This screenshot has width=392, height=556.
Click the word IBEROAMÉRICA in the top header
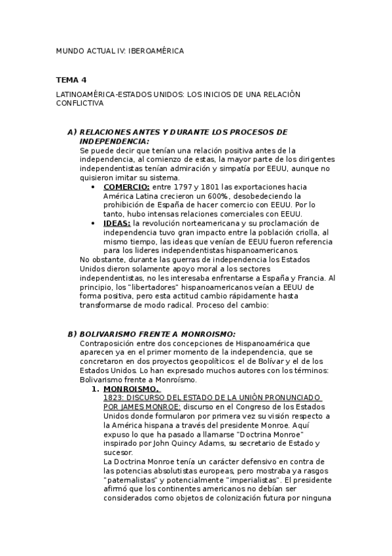[156, 50]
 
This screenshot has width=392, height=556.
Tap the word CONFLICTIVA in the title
[80, 104]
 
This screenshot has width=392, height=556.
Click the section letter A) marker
[72, 132]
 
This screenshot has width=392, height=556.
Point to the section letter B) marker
[72, 334]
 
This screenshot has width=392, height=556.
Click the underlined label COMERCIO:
[126, 187]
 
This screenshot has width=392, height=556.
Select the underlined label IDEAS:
[117, 224]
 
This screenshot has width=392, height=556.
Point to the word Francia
[313, 278]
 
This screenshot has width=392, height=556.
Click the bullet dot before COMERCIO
[96, 187]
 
